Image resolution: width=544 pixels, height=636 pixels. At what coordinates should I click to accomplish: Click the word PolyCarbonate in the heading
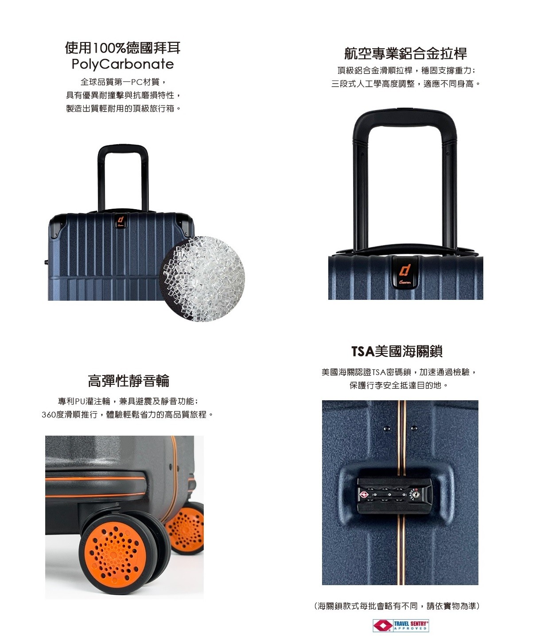123,64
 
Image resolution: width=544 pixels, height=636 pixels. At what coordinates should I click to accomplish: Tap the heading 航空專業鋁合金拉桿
405,53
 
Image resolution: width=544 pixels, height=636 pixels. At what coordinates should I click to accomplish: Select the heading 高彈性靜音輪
128,381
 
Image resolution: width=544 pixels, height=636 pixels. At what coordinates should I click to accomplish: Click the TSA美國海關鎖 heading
397,351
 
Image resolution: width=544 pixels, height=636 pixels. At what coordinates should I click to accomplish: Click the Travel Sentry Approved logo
400,625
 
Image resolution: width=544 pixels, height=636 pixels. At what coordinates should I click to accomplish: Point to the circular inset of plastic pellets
202,279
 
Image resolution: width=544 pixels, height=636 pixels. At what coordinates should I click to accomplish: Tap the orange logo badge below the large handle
405,272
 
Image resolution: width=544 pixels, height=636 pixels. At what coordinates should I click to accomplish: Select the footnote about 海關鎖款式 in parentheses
397,606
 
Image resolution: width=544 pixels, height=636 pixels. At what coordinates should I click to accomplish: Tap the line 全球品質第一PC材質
123,82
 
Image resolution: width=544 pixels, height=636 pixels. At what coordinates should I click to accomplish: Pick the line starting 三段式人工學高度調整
406,84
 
